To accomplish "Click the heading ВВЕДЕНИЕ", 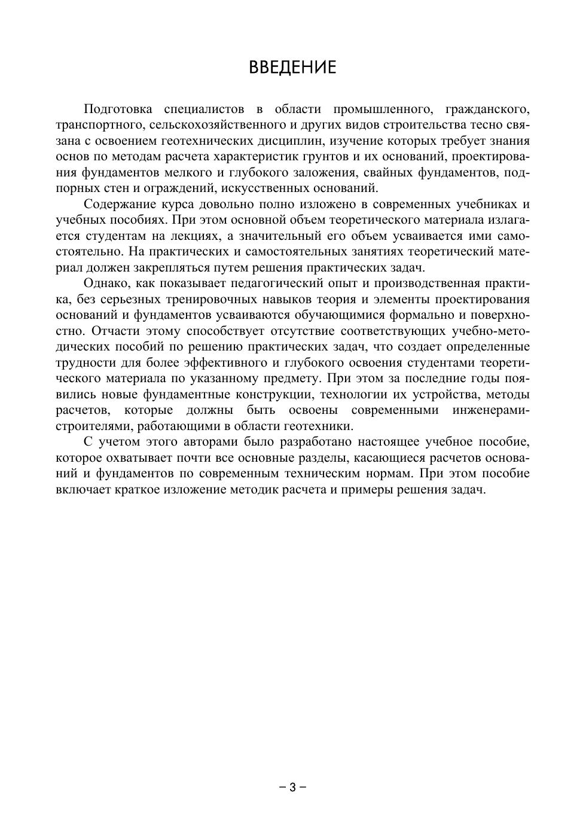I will pyautogui.click(x=292, y=66).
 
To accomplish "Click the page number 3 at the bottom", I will pyautogui.click(x=292, y=787).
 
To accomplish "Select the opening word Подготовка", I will pyautogui.click(x=118, y=109).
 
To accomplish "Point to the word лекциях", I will pyautogui.click(x=192, y=236).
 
